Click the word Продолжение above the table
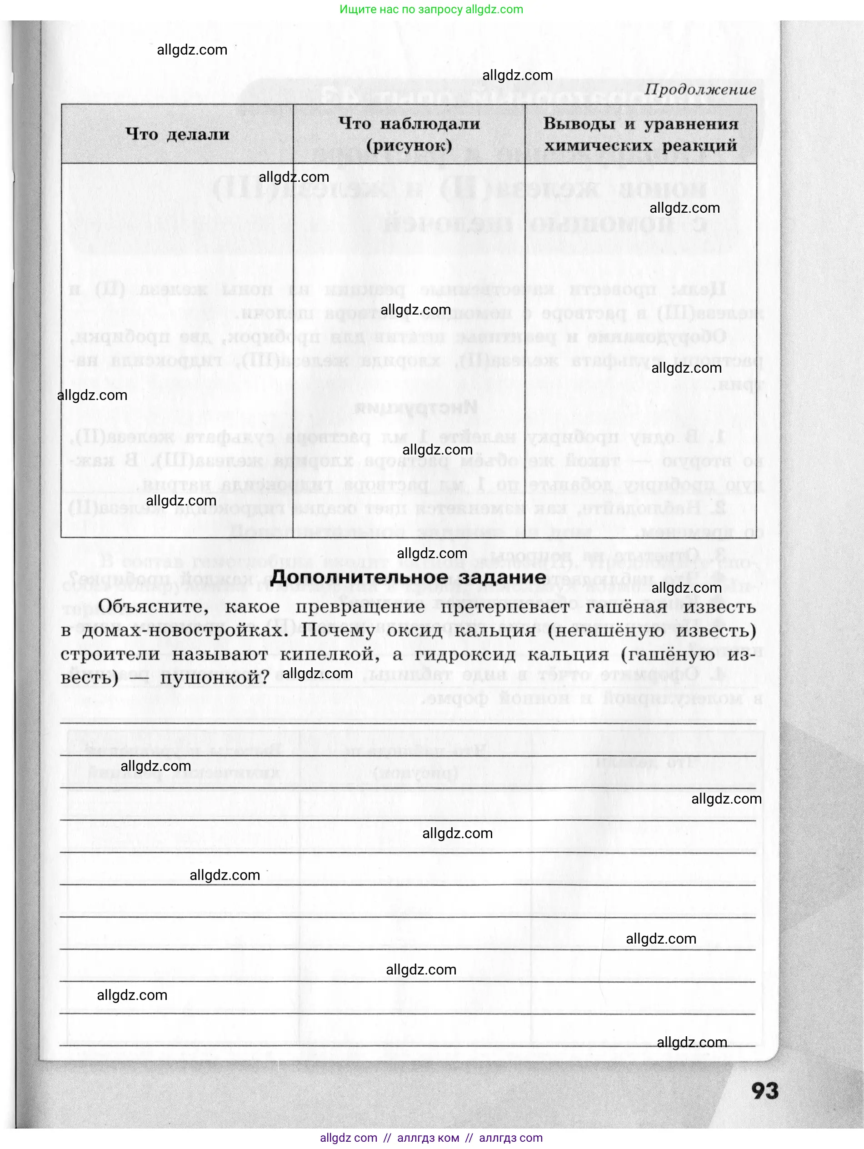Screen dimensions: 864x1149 [x=700, y=90]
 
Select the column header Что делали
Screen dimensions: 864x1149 [x=177, y=134]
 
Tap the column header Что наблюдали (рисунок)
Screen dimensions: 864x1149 [x=409, y=134]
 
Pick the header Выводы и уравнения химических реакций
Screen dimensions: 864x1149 [x=640, y=134]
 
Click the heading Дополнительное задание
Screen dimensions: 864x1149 [x=408, y=577]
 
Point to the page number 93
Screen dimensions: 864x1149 [x=765, y=1091]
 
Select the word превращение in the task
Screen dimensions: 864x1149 [x=360, y=606]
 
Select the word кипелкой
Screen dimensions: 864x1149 [x=330, y=654]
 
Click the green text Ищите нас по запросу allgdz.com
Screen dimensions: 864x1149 [x=431, y=10]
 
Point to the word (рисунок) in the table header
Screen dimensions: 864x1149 [x=409, y=145]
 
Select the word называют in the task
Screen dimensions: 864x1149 [x=219, y=654]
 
